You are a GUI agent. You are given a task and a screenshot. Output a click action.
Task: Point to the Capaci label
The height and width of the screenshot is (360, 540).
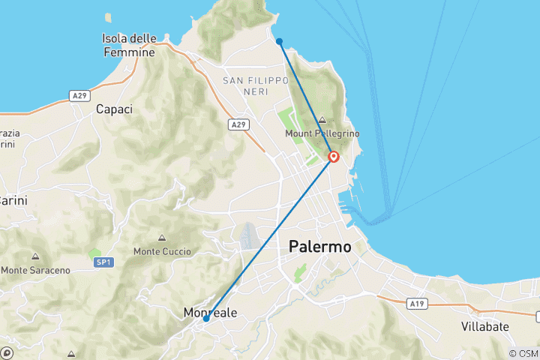pyautogui.click(x=114, y=109)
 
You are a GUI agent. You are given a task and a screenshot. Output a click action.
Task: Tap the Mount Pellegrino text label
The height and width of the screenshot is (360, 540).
pyautogui.click(x=322, y=133)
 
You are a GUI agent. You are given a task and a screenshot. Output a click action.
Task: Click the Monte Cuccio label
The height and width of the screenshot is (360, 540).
pyautogui.click(x=161, y=251)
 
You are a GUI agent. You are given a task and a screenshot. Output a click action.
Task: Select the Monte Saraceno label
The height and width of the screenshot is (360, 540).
pyautogui.click(x=35, y=269)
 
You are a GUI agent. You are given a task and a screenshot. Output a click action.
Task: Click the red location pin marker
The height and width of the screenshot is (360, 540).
pyautogui.click(x=334, y=157)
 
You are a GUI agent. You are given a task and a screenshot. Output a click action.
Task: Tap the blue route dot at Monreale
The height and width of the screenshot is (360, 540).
pyautogui.click(x=206, y=319)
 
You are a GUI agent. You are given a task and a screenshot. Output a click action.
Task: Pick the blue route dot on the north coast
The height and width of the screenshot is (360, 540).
pyautogui.click(x=279, y=41)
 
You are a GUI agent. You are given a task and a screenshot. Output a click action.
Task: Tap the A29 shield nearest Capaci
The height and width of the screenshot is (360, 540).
pyautogui.click(x=81, y=95)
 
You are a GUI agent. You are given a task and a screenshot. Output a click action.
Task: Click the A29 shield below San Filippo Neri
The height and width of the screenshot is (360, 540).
pyautogui.click(x=238, y=124)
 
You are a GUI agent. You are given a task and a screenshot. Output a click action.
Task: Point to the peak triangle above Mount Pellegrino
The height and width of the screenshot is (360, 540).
pyautogui.click(x=322, y=120)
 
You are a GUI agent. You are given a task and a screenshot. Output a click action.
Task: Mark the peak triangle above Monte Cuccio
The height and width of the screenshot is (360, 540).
pyautogui.click(x=161, y=238)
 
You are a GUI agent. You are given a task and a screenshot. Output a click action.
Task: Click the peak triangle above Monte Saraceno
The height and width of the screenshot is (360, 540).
pyautogui.click(x=35, y=256)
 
